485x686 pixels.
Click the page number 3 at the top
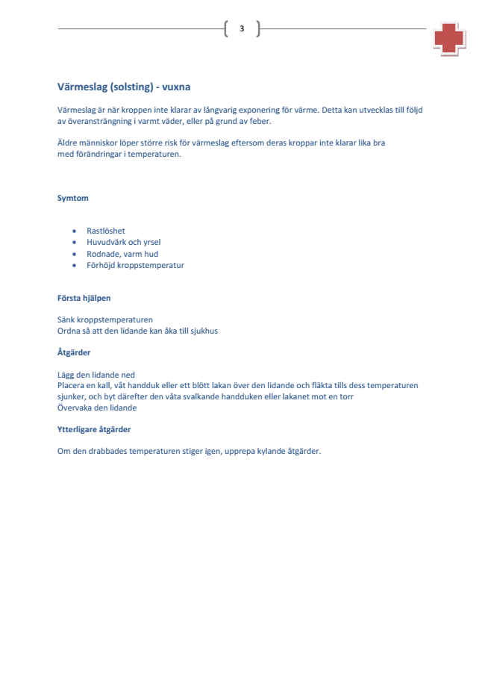tap(242, 29)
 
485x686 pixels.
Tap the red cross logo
tap(448, 38)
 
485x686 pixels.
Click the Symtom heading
tap(73, 199)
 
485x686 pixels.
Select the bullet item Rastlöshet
tap(106, 231)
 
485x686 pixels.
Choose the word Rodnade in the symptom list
tap(102, 254)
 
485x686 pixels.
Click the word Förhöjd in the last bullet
tap(101, 265)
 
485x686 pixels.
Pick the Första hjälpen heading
tap(84, 298)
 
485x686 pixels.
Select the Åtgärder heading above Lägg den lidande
tap(74, 352)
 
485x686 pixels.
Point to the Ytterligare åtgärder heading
tap(95, 429)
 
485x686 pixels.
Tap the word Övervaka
tap(75, 408)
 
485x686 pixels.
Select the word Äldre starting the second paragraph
tap(68, 143)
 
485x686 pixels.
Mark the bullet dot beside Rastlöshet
tap(74, 231)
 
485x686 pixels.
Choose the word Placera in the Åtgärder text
tap(72, 385)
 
